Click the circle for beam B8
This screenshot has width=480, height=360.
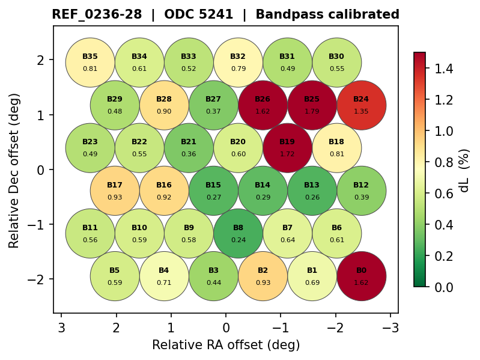[238, 233]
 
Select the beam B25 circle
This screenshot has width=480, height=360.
[312, 105]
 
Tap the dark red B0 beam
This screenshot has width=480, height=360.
[361, 276]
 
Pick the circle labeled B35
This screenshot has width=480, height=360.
[90, 63]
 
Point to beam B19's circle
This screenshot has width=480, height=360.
[287, 148]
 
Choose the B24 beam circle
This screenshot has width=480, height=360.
[361, 105]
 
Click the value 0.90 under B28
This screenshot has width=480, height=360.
[164, 111]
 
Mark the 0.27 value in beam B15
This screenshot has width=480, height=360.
[213, 197]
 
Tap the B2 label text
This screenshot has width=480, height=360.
[263, 270]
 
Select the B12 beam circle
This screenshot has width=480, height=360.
[361, 191]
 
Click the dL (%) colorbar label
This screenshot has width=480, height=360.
[464, 170]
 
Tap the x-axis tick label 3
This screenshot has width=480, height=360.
[61, 328]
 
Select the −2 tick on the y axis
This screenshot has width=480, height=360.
[41, 279]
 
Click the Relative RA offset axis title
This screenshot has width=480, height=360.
[226, 345]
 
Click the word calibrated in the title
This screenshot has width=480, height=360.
[365, 14]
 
